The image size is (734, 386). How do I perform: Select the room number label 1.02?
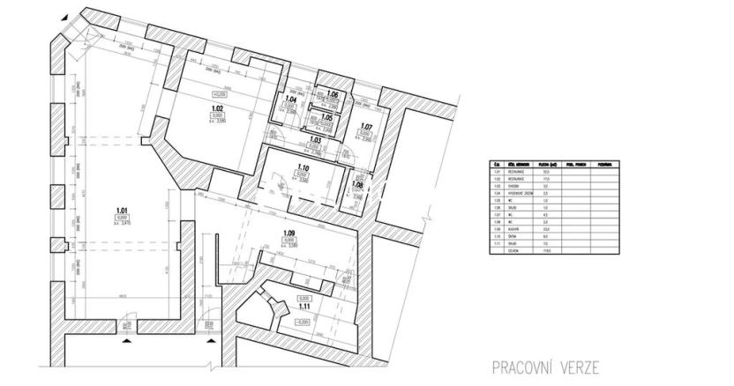[216, 109]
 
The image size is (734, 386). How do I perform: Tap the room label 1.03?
[315, 140]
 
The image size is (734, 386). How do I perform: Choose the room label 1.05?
[326, 117]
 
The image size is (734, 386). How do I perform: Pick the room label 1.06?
[333, 93]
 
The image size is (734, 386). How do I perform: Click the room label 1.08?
[358, 184]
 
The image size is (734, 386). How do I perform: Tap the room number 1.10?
[303, 168]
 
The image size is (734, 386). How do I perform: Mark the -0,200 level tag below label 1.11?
[304, 323]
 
